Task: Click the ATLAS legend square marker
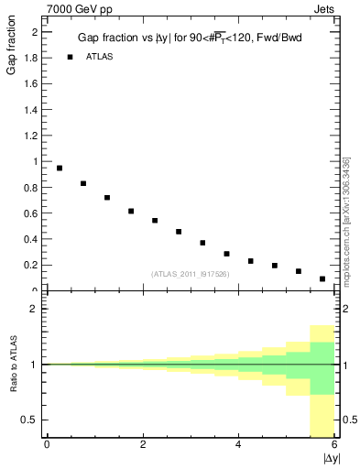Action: (x=70, y=57)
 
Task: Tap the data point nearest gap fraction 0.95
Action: (x=60, y=168)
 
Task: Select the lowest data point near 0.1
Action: (x=322, y=278)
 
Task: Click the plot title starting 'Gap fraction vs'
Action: (x=191, y=38)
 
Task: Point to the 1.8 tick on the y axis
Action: (x=31, y=58)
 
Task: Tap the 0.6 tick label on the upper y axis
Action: (x=31, y=213)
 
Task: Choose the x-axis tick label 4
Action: (x=239, y=445)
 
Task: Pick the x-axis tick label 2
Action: (x=143, y=445)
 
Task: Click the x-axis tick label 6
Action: (x=334, y=445)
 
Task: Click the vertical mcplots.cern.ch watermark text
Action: (x=345, y=220)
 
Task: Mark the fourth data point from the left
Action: (x=131, y=211)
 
